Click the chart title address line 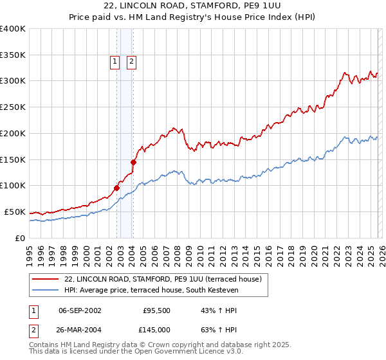point(192,6)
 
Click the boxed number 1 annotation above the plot point(115,62)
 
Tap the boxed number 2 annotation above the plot point(131,62)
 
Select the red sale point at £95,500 point(117,188)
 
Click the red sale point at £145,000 point(133,162)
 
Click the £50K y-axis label point(15,212)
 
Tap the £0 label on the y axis point(20,238)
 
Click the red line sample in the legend point(45,280)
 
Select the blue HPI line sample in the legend point(45,291)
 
